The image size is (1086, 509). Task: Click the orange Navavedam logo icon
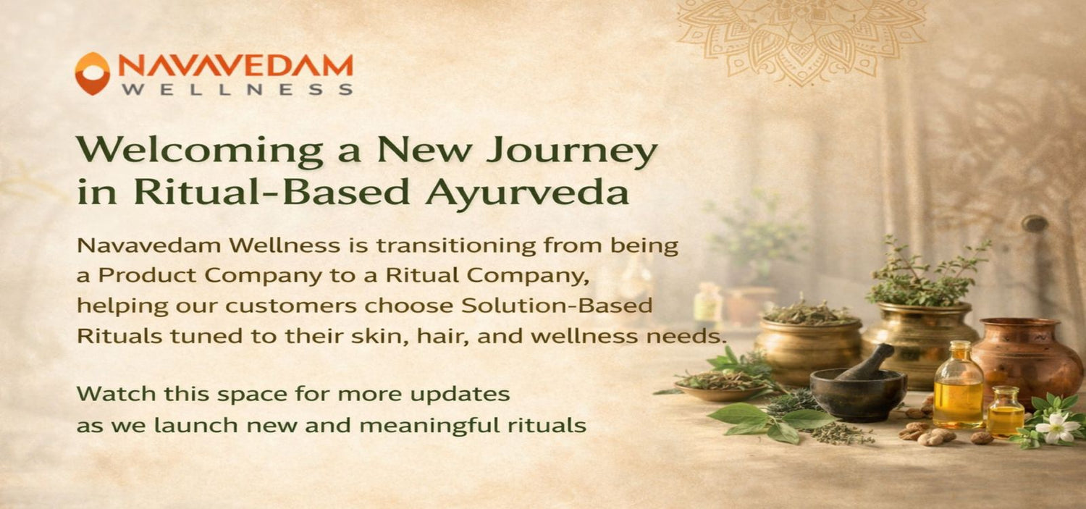pyautogui.click(x=92, y=73)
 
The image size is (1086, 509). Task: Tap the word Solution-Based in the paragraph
pyautogui.click(x=557, y=306)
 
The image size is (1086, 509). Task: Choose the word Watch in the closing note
pyautogui.click(x=106, y=395)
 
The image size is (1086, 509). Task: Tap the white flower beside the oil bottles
pyautogui.click(x=1057, y=427)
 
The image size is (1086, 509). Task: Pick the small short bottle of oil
pyautogui.click(x=1006, y=413)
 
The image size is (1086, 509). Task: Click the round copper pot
pyautogui.click(x=1027, y=355)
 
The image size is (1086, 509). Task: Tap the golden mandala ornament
pyautogui.click(x=801, y=40)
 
